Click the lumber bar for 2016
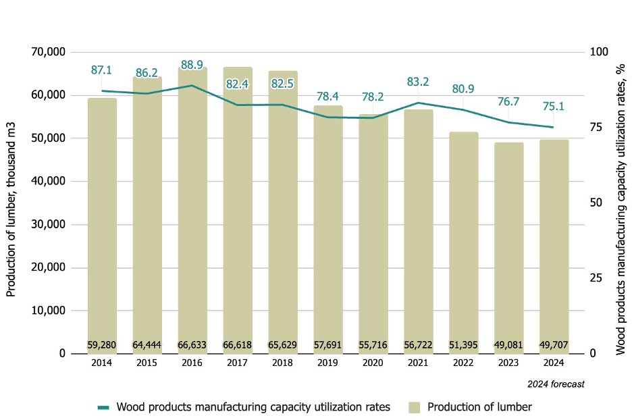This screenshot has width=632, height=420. click(x=192, y=209)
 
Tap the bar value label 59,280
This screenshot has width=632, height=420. click(x=102, y=345)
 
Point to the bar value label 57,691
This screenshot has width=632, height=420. click(x=328, y=345)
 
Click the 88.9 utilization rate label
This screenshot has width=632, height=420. click(x=192, y=65)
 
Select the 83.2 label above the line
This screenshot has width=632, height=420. click(x=418, y=82)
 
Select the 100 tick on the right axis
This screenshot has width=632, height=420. click(x=598, y=52)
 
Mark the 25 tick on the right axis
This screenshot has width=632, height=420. click(x=595, y=278)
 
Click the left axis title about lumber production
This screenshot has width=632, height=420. click(x=11, y=202)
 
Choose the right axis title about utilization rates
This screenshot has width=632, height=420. click(x=620, y=202)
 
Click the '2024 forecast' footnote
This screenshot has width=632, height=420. click(x=556, y=384)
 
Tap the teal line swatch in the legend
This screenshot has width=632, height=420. click(x=103, y=407)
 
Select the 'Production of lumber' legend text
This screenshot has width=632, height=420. click(x=479, y=407)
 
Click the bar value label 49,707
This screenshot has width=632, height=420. click(x=554, y=345)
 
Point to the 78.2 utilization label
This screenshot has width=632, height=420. click(x=373, y=97)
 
